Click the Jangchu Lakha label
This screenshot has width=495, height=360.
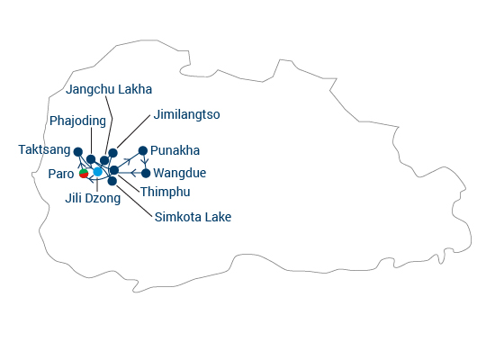coord(109,90)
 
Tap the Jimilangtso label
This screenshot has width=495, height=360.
coord(186,114)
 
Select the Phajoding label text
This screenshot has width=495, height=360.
coord(77,121)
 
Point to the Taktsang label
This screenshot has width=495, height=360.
coord(44,149)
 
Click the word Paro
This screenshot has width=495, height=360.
coord(61,174)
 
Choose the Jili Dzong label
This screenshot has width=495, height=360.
coord(93,198)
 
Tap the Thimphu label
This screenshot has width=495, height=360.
coord(165,192)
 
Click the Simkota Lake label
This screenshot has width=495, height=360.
coord(193,217)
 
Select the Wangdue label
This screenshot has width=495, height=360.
coord(180,173)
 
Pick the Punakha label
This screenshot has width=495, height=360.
coord(175,150)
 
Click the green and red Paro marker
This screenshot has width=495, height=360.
coord(84,174)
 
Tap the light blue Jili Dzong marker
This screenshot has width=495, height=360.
coord(98,172)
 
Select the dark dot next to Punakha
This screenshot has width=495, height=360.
coord(143,150)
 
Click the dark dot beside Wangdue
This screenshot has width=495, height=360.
coord(146,173)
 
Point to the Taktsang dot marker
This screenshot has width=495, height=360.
coord(78,152)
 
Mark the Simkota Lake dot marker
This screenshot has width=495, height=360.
coord(112,181)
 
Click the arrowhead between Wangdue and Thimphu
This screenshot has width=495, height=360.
coord(133,173)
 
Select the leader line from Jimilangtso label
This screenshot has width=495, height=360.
coord(133,131)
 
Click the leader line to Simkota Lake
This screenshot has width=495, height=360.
coord(134,202)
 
